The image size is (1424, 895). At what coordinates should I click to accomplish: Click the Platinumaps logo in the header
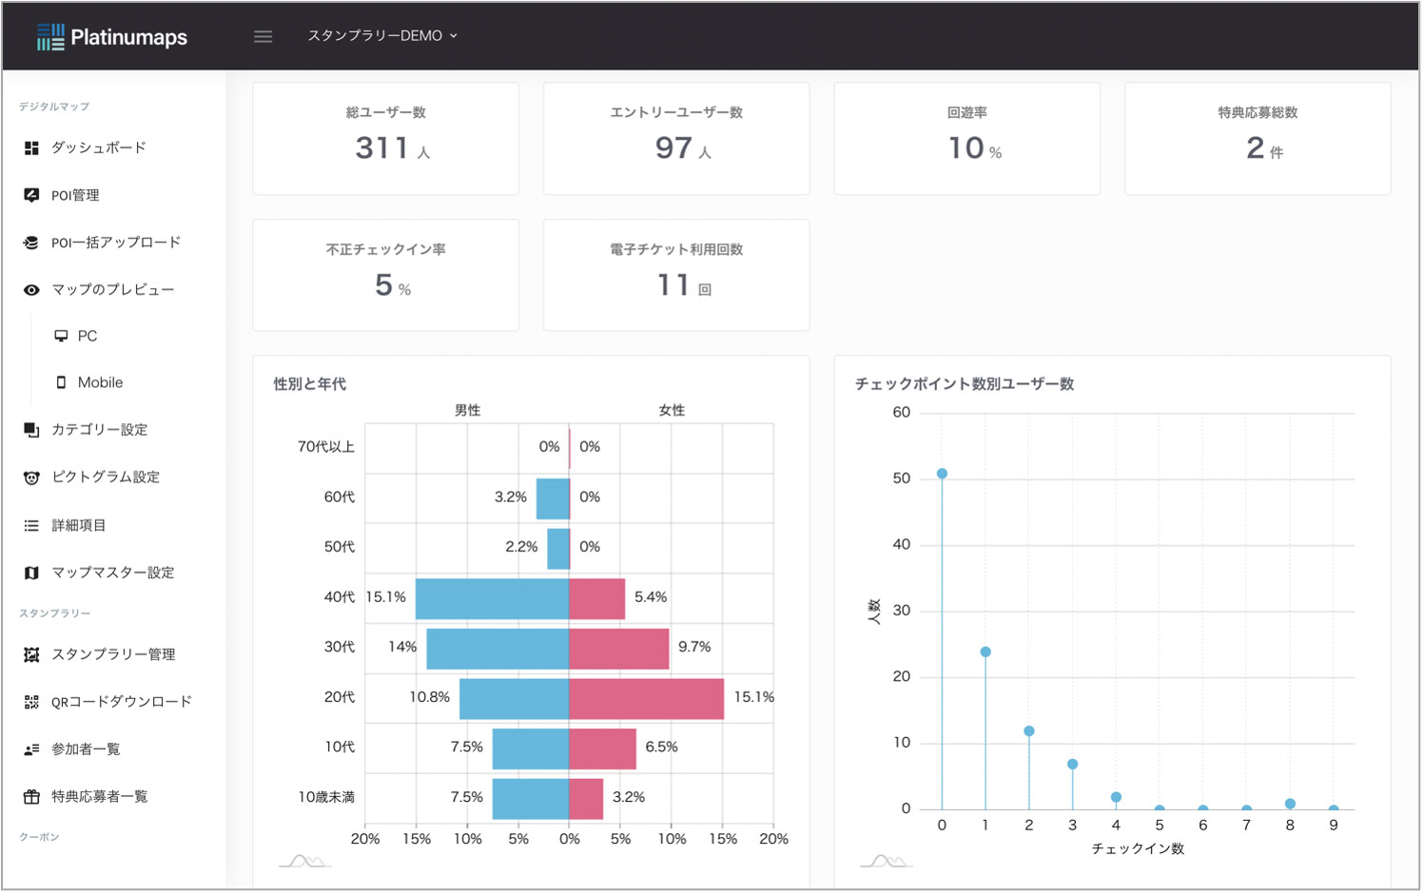(x=112, y=37)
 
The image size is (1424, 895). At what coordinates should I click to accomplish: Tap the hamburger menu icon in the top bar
(x=263, y=36)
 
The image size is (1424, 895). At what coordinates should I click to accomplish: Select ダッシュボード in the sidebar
(x=98, y=148)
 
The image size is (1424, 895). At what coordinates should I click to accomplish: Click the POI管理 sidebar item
(x=74, y=196)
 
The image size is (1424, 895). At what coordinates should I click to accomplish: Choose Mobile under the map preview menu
(x=100, y=382)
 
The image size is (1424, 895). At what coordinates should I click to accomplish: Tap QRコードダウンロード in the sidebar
(x=121, y=702)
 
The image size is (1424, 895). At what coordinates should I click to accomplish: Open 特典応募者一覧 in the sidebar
(x=99, y=797)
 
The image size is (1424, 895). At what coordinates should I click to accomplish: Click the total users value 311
(x=382, y=148)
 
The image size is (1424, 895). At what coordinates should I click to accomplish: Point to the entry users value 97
(x=673, y=148)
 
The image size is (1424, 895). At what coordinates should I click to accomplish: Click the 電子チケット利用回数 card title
(x=676, y=249)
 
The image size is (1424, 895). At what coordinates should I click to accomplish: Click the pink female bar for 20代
(x=646, y=699)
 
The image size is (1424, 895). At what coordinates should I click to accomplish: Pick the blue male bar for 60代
(x=553, y=498)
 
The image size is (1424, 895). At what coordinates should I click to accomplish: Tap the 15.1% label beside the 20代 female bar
(x=753, y=697)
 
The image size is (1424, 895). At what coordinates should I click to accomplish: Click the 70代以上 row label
(x=325, y=447)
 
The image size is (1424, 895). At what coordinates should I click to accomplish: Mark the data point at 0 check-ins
(x=942, y=474)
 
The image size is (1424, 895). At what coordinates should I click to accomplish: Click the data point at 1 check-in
(x=985, y=652)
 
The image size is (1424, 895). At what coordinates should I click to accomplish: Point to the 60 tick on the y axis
(x=901, y=413)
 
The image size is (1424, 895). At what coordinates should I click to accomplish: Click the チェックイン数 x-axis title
(x=1138, y=848)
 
